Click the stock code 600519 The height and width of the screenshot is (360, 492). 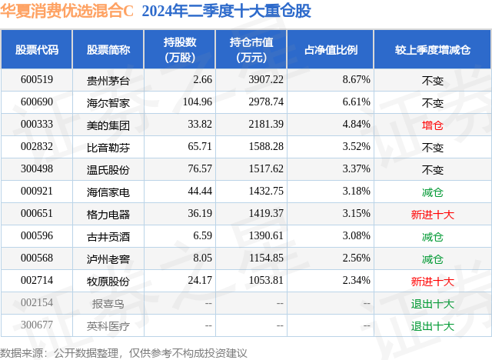click(x=36, y=79)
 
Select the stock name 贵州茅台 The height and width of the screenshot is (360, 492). click(x=108, y=79)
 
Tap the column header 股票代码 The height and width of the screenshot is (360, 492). click(x=36, y=49)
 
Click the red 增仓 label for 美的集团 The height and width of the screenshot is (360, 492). click(x=433, y=124)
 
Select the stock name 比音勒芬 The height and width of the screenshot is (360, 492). click(x=108, y=146)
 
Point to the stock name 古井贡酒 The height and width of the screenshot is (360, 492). click(x=108, y=235)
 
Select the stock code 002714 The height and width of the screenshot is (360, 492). click(x=36, y=281)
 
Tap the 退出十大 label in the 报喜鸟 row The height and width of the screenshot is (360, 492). click(x=433, y=303)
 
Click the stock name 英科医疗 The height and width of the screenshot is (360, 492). click(x=108, y=325)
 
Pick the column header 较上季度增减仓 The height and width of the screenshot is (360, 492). click(x=433, y=49)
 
